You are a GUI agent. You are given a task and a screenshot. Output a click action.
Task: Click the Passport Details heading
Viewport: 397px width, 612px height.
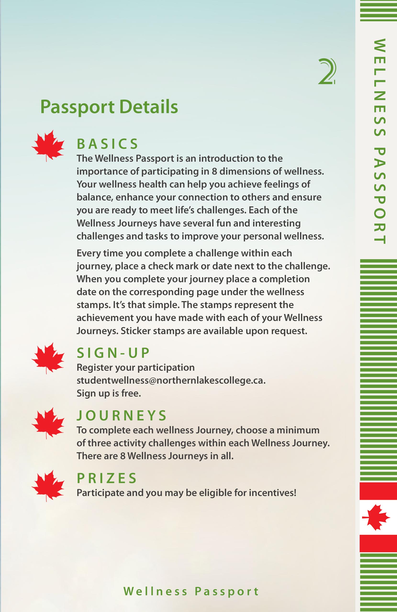[x=109, y=107]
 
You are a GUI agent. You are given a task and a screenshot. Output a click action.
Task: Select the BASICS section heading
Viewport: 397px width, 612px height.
[x=107, y=144]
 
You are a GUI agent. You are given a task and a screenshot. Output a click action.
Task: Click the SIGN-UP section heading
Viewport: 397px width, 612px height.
[x=113, y=353]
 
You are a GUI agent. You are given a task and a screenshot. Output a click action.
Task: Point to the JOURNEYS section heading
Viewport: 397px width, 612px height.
[x=122, y=416]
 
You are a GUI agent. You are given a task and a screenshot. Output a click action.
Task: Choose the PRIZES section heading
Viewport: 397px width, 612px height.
[x=107, y=478]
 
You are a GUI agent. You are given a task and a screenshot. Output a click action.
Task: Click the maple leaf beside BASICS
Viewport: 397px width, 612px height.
[x=48, y=145]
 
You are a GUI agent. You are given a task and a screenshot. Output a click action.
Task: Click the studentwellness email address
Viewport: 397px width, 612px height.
[x=171, y=380]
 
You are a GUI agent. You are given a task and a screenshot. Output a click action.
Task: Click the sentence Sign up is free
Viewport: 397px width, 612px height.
[x=109, y=393]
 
